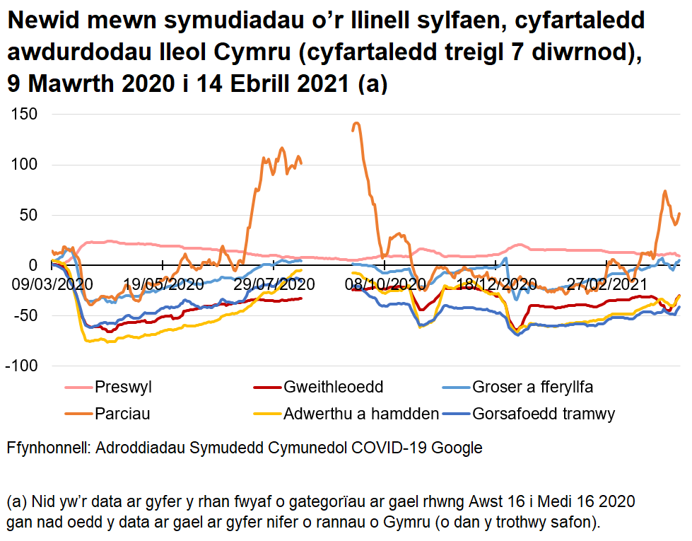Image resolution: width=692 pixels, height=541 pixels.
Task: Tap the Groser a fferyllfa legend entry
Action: (532, 387)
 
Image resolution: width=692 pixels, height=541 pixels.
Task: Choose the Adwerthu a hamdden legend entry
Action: (360, 414)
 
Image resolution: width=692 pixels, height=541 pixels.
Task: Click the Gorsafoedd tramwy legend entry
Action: (544, 414)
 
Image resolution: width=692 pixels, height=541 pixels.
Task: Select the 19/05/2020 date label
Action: (163, 284)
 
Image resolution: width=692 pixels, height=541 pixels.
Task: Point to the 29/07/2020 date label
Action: (274, 284)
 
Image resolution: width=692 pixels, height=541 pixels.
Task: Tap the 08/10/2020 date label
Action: (386, 284)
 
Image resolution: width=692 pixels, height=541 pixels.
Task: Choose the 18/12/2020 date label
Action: (496, 284)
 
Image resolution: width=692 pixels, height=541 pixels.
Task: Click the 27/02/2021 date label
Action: (607, 284)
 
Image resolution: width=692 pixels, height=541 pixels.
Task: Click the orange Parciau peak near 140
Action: (356, 123)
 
